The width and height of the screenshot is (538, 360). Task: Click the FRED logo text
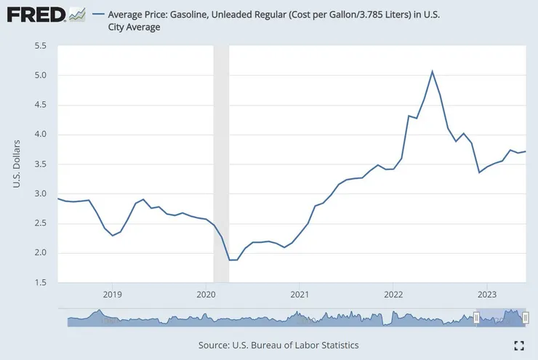(x=33, y=14)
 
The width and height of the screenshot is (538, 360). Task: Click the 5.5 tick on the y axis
(x=41, y=46)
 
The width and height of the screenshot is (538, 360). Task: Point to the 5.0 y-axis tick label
(x=41, y=75)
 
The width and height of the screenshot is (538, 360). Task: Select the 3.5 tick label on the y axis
(x=41, y=164)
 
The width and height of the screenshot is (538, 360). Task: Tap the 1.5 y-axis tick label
(x=41, y=282)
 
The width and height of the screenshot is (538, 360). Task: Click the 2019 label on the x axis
(x=112, y=295)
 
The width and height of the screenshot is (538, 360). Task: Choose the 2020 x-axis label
(x=206, y=295)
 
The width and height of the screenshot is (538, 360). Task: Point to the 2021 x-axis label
(x=300, y=295)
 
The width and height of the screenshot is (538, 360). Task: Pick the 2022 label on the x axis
(x=393, y=295)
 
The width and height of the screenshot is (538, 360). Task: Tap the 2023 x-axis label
(x=486, y=295)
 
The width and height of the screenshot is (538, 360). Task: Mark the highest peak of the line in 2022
(x=432, y=71)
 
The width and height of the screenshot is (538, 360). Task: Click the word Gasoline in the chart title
(x=197, y=14)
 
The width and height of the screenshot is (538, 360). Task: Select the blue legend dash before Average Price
(x=98, y=14)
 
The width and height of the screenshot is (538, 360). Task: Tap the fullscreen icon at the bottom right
(x=519, y=345)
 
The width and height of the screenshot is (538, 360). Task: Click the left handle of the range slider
(x=476, y=318)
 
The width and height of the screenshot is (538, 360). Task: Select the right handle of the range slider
(x=525, y=318)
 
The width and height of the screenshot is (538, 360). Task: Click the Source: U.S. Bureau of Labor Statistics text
(x=278, y=345)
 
